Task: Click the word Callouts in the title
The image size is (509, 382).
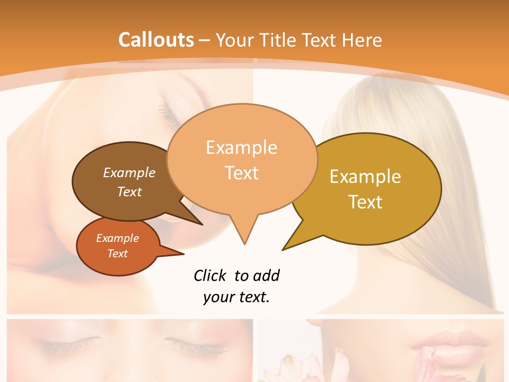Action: click(x=156, y=40)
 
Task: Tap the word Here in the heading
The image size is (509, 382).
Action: click(x=363, y=40)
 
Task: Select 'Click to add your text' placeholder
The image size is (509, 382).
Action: click(x=236, y=286)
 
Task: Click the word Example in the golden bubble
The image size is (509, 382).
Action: click(x=365, y=177)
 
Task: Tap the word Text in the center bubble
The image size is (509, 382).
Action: click(x=242, y=172)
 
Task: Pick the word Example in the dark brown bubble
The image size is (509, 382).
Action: click(x=129, y=172)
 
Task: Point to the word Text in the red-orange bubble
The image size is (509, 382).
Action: click(x=118, y=254)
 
